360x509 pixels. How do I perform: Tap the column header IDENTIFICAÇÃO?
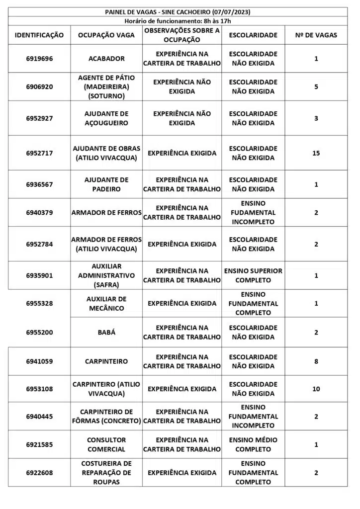click(39, 35)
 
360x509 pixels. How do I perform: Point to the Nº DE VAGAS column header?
click(316, 35)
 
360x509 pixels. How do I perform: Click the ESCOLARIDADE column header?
click(253, 35)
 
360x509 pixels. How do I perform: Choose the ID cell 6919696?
click(39, 59)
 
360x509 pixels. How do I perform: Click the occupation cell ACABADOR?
click(106, 59)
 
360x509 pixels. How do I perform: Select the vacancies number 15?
click(316, 153)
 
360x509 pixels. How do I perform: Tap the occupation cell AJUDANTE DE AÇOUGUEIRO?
click(106, 118)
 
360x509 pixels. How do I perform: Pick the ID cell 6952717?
click(39, 153)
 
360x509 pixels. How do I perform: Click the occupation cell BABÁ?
click(106, 332)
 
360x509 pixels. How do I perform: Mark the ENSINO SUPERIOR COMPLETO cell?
click(253, 275)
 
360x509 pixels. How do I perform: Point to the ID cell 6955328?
click(39, 303)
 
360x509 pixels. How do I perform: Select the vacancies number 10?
click(316, 389)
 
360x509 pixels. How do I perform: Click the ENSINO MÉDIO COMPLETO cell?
click(253, 444)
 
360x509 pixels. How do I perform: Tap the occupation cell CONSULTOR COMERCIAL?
click(106, 444)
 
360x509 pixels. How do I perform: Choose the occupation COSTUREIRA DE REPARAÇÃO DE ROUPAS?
click(106, 473)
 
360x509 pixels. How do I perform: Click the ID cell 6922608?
click(39, 473)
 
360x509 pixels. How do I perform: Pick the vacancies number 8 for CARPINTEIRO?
click(316, 361)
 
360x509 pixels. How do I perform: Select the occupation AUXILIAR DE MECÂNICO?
click(106, 303)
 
